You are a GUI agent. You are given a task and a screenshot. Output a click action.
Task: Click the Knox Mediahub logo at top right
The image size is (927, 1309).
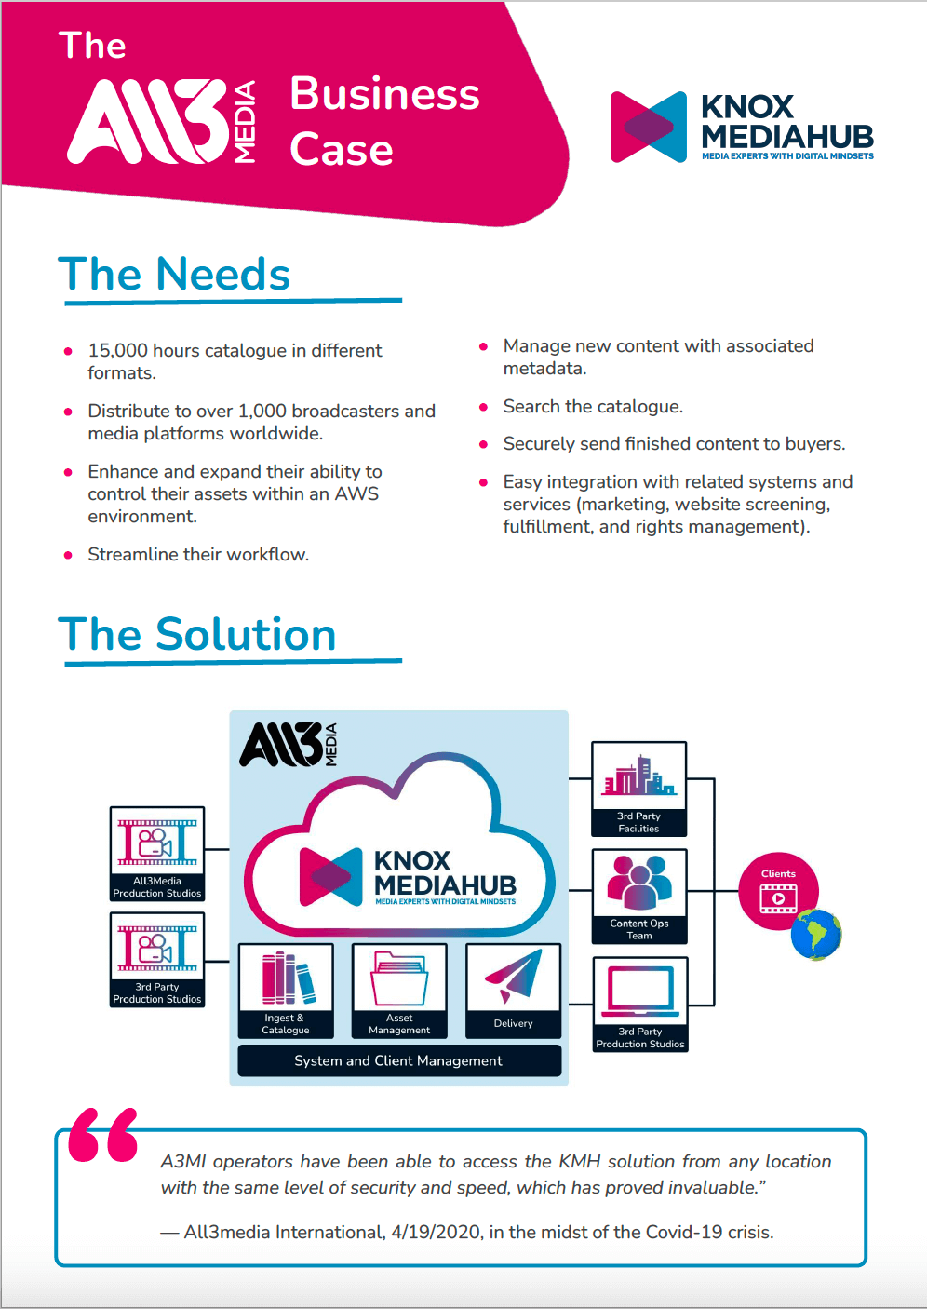[x=742, y=128]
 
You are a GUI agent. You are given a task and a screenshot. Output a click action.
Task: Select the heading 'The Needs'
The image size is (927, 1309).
[x=174, y=275]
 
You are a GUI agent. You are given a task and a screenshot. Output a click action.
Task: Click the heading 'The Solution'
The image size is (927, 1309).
[x=196, y=635]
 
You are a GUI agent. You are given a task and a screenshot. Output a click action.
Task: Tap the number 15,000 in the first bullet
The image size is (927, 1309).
[x=117, y=351]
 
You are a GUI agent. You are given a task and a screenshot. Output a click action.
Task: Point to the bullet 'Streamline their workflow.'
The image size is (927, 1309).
[x=198, y=555]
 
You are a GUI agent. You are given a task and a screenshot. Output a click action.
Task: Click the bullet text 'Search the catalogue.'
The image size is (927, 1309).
[x=593, y=407]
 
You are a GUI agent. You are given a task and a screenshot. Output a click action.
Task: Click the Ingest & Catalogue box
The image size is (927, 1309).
[x=286, y=991]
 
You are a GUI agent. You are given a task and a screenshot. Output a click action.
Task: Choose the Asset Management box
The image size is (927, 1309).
[x=399, y=991]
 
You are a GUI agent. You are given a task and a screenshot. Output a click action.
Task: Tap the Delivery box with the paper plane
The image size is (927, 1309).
[x=513, y=991]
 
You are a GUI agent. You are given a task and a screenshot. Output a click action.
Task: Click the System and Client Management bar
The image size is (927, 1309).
[x=398, y=1061]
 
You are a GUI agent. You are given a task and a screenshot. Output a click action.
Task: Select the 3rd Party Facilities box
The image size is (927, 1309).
[x=639, y=789]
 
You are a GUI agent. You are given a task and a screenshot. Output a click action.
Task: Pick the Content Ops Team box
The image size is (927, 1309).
[x=639, y=896]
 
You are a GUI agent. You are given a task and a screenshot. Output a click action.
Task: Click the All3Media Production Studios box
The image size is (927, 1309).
[x=157, y=854]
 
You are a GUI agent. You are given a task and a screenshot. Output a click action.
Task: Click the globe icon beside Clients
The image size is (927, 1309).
[x=816, y=935]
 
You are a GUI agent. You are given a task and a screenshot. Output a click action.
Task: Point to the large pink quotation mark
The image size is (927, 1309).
[x=103, y=1135]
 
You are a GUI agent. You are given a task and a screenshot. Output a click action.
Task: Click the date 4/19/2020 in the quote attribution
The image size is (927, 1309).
[x=436, y=1233]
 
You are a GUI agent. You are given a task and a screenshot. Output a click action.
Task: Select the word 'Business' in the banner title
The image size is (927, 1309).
[x=384, y=94]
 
